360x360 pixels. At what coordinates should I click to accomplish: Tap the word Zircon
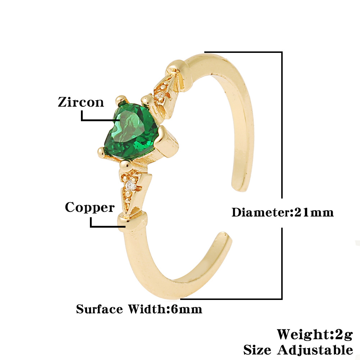tap(81, 102)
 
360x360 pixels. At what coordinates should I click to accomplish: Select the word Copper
tap(90, 208)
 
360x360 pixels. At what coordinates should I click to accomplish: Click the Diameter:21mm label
tap(282, 212)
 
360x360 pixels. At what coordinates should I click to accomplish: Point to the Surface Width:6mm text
tap(139, 309)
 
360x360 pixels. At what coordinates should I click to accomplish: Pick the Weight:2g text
tap(314, 334)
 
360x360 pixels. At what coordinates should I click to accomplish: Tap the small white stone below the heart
tap(131, 186)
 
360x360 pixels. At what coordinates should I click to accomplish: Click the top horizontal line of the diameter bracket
tap(245, 52)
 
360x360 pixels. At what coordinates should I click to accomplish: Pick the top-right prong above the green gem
tap(146, 98)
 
